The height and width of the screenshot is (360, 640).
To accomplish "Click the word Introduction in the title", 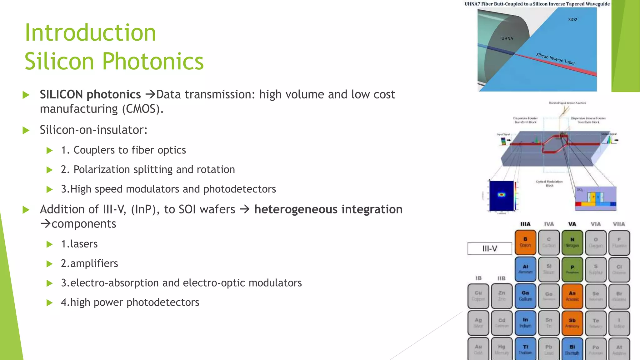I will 90,33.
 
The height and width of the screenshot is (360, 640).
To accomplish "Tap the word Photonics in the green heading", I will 153,61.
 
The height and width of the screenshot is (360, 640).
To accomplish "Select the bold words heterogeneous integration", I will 328,209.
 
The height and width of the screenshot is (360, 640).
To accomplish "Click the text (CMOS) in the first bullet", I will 142,109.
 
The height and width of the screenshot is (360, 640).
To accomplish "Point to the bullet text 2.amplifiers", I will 89,263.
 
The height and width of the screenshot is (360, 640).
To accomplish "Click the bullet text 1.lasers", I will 79,244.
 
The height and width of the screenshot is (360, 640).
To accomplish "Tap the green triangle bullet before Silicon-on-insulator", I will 26,130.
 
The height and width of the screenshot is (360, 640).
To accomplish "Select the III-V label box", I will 489,249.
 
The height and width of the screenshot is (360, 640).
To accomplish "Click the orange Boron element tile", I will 525,242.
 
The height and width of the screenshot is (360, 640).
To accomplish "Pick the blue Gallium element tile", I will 525,296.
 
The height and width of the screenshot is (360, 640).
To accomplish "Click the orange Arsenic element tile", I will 572,296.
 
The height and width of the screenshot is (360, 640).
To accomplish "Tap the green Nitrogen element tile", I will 572,242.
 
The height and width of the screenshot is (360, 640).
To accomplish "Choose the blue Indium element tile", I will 525,323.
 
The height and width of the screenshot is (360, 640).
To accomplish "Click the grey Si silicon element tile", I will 549,269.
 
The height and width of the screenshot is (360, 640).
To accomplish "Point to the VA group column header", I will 572,224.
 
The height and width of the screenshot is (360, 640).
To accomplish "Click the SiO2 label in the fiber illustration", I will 572,20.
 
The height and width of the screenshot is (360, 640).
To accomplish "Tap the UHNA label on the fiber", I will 507,39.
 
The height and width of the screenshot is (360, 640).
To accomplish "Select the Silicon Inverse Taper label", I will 556,59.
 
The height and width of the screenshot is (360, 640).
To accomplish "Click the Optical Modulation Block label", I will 549,183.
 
